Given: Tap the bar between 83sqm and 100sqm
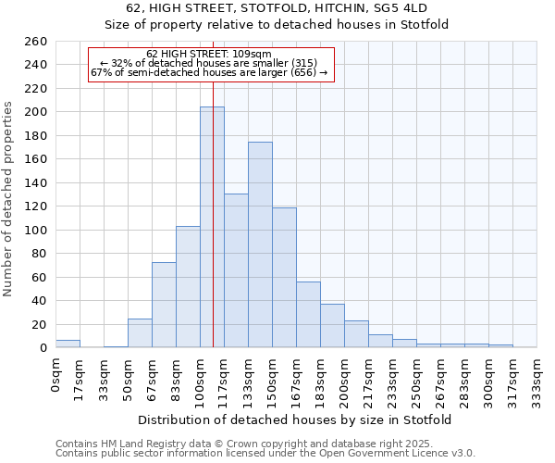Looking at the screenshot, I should pyautogui.click(x=188, y=287).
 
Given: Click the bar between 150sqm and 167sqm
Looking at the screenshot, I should pyautogui.click(x=284, y=278).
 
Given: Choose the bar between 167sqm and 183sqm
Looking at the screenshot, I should pyautogui.click(x=308, y=315).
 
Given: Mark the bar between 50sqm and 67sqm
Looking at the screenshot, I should pyautogui.click(x=140, y=333).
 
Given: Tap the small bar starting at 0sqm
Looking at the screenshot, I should pyautogui.click(x=68, y=344).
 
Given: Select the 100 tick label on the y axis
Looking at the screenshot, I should pyautogui.click(x=35, y=230).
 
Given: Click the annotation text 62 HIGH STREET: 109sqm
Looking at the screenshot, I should pyautogui.click(x=209, y=55).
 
